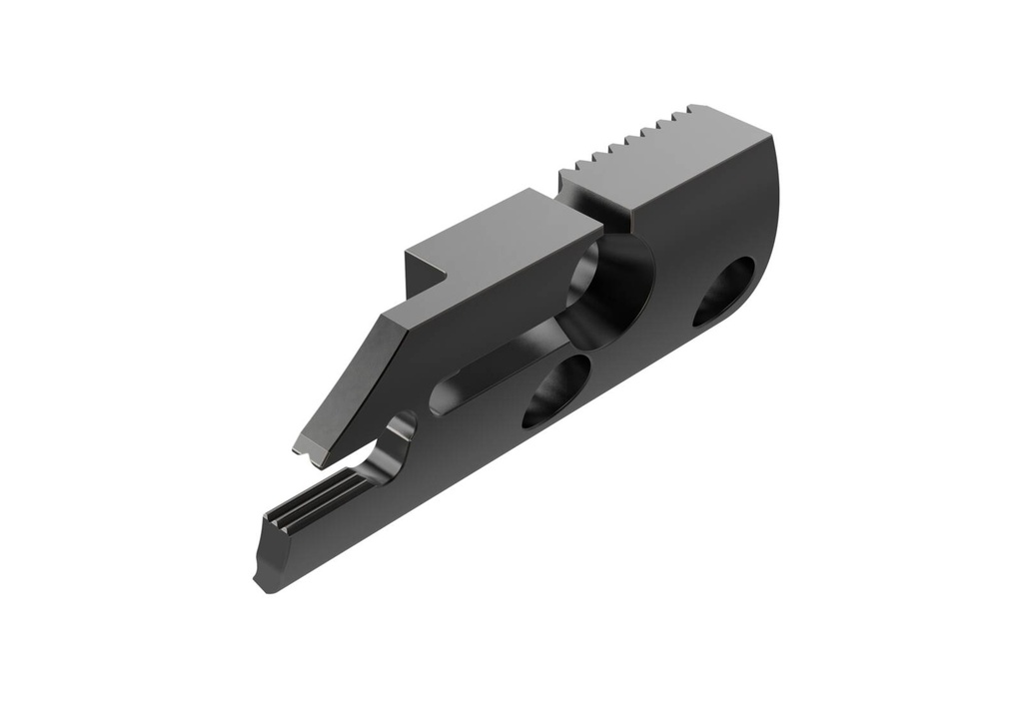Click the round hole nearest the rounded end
point(724,291)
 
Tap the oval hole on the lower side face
point(555,390)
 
